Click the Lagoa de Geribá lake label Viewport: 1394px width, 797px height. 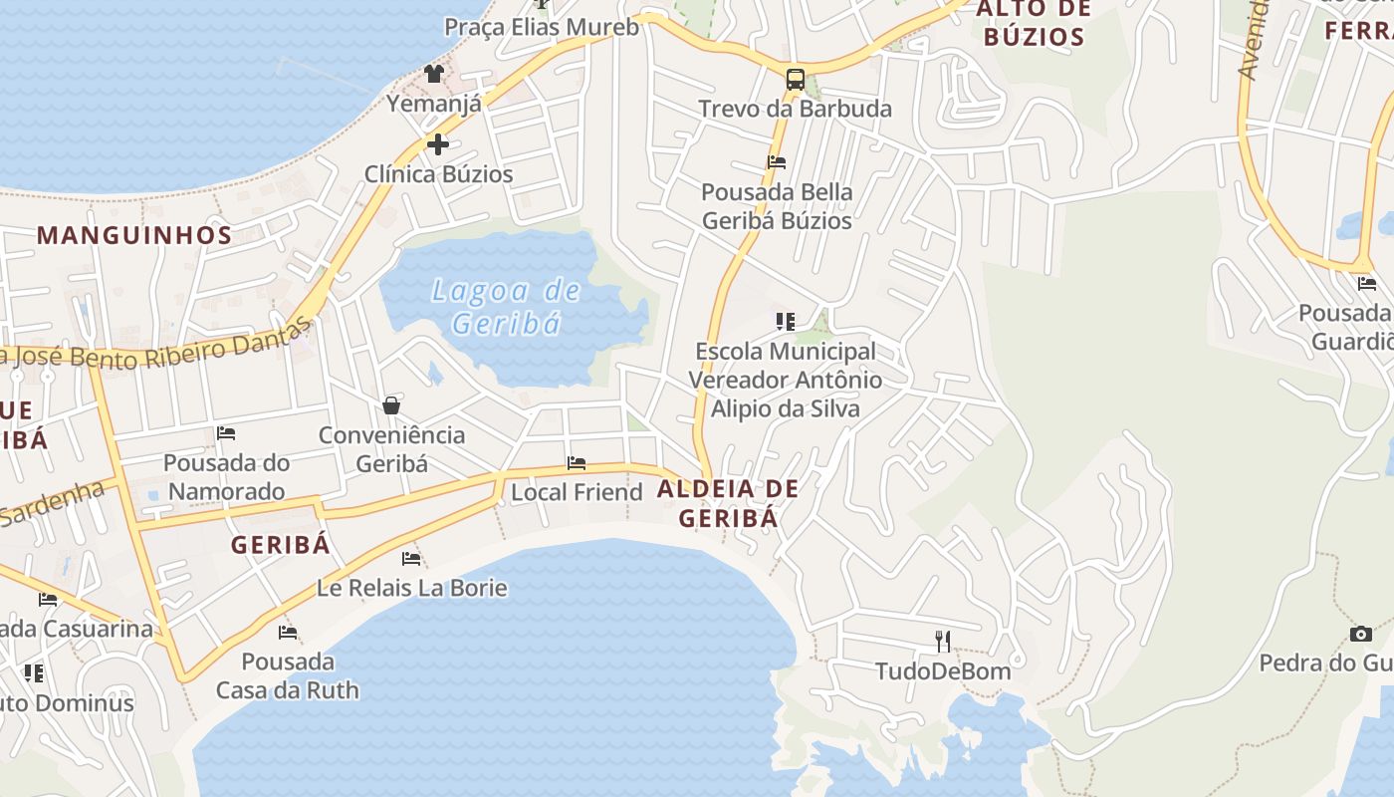tap(506, 306)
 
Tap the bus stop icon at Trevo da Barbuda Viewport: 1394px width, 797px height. tap(795, 80)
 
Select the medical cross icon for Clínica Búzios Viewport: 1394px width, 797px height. tap(437, 145)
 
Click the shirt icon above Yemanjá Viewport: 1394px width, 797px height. tap(433, 73)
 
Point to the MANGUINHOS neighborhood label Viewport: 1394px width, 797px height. tap(134, 236)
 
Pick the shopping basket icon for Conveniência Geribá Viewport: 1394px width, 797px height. tap(391, 405)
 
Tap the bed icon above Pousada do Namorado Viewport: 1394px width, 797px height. tap(226, 433)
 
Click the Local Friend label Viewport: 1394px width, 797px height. tap(577, 492)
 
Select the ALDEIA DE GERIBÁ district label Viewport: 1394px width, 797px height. tap(728, 503)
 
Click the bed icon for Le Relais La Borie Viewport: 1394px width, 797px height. tap(411, 558)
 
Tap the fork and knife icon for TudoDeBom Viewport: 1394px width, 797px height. tap(943, 641)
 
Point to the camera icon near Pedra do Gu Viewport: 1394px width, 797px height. tap(1360, 634)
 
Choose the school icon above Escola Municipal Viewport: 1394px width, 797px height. tap(786, 321)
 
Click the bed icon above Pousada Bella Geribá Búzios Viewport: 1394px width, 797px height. tap(777, 161)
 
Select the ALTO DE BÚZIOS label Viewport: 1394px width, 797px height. tap(1032, 24)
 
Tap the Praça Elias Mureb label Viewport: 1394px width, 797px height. tap(542, 27)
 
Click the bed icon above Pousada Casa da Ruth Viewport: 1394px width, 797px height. tap(288, 632)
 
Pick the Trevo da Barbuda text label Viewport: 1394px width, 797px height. tap(795, 109)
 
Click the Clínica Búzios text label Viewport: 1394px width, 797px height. tap(438, 174)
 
